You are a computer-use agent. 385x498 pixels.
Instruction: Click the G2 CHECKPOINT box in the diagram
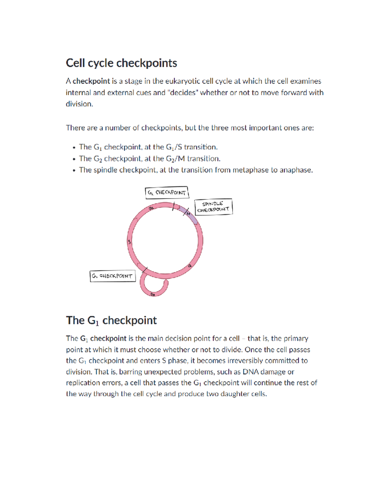point(167,193)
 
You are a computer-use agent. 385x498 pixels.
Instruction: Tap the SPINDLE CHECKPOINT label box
point(213,207)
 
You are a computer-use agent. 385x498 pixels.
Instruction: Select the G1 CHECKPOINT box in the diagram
point(113,276)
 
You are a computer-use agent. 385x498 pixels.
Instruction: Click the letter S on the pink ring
point(129,242)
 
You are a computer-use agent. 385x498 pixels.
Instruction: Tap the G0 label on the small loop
point(153,294)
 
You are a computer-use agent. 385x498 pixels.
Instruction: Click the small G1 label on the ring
point(190,266)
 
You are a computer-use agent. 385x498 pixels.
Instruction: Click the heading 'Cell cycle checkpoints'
point(121,63)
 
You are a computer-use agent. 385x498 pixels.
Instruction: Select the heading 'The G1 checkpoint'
point(111,320)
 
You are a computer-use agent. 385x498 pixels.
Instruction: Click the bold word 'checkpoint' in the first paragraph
point(91,81)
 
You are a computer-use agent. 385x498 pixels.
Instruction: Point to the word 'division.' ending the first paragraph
point(79,104)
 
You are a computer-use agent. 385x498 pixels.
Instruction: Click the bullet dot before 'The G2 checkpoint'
point(74,159)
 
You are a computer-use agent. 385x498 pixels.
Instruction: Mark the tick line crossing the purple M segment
point(185,212)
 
